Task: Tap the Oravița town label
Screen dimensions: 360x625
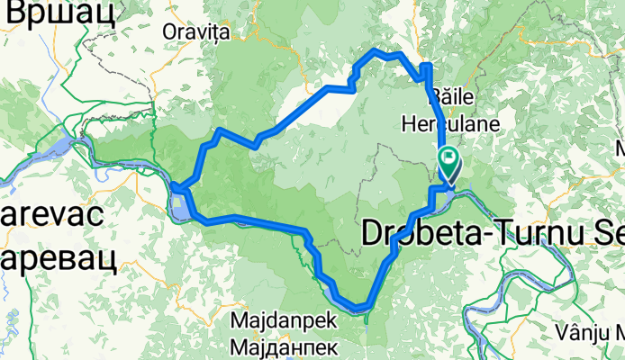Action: (197, 32)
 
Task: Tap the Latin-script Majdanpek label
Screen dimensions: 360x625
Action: (283, 319)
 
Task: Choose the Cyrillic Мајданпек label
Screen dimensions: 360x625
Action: (284, 346)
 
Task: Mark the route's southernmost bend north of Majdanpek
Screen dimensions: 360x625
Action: (360, 308)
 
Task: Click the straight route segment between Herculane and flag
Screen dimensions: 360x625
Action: (440, 135)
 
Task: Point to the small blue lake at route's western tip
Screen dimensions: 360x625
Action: (183, 208)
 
